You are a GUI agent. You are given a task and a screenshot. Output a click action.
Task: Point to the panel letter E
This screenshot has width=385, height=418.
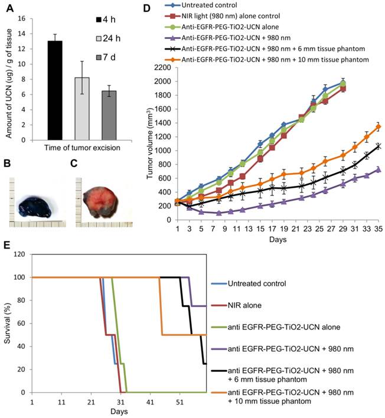(x=6, y=244)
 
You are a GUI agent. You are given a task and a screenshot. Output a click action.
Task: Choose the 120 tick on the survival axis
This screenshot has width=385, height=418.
(x=23, y=254)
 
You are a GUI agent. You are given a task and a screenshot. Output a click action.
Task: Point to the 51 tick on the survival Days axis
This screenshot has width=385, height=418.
(x=178, y=400)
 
